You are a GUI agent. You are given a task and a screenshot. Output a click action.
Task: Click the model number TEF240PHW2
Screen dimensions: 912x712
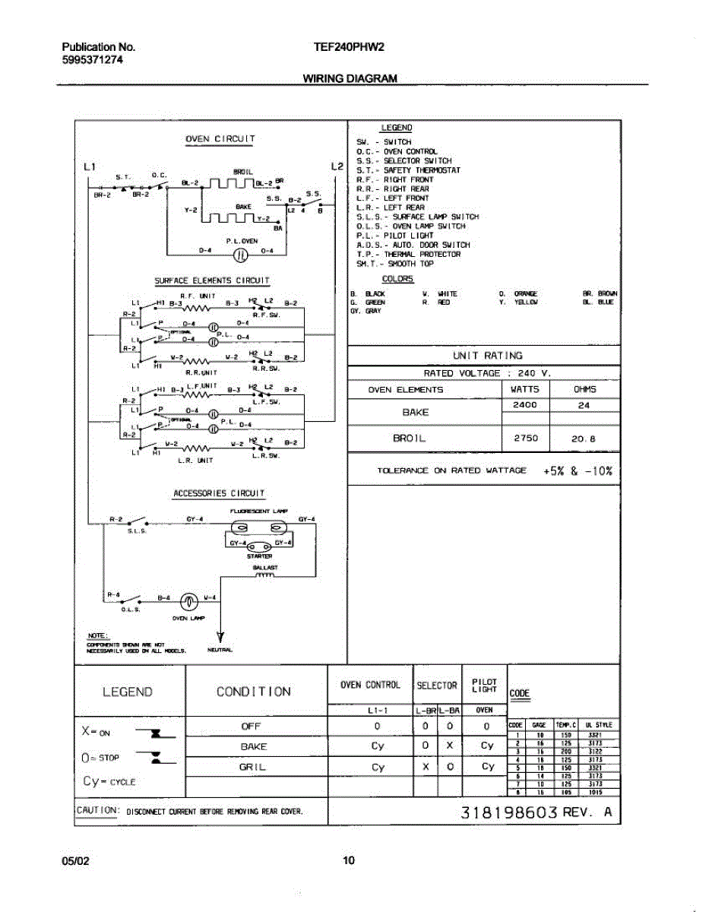point(349,46)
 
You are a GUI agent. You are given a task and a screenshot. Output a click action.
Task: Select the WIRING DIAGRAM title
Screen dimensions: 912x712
point(350,78)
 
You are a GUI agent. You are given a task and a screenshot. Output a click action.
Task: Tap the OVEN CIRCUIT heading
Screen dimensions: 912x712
point(220,139)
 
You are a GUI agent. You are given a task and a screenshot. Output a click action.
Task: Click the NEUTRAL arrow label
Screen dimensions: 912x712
point(222,650)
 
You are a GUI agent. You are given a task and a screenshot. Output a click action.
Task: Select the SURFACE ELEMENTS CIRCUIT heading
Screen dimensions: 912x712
point(212,280)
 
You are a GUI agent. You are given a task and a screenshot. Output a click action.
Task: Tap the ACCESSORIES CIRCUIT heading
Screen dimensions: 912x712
point(220,493)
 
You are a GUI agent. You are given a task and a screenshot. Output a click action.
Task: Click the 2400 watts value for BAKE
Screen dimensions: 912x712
point(524,405)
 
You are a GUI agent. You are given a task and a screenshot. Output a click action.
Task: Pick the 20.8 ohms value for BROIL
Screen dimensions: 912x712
point(585,439)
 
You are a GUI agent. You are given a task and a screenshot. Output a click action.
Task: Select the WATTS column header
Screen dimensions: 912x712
point(524,389)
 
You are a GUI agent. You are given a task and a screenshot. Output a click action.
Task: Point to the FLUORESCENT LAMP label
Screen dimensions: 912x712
point(258,511)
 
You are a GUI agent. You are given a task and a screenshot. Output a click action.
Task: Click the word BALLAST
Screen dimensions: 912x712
point(265,567)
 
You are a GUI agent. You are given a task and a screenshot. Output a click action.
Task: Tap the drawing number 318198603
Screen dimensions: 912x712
point(509,812)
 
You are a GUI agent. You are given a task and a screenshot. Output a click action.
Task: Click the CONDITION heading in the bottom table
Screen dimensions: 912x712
point(254,692)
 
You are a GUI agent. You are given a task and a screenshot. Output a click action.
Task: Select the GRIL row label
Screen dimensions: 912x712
point(252,767)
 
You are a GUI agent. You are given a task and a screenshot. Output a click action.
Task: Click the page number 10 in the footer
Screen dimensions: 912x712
point(349,861)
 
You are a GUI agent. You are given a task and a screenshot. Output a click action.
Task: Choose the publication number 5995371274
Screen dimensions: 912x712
point(92,60)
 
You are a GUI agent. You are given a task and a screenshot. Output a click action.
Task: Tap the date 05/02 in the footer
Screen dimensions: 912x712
point(75,861)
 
